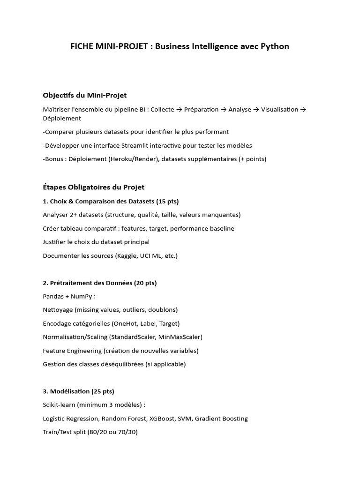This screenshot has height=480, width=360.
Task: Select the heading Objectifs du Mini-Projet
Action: [84, 95]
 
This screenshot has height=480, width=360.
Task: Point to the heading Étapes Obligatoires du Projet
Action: [93, 187]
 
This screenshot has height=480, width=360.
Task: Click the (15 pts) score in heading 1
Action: [167, 201]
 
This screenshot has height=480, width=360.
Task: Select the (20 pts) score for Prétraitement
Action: [145, 283]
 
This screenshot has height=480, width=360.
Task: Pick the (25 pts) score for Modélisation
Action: [103, 391]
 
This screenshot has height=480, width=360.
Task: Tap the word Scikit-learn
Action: [59, 405]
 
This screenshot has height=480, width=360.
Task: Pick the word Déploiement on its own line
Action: [62, 118]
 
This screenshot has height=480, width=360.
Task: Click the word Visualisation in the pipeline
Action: [279, 109]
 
